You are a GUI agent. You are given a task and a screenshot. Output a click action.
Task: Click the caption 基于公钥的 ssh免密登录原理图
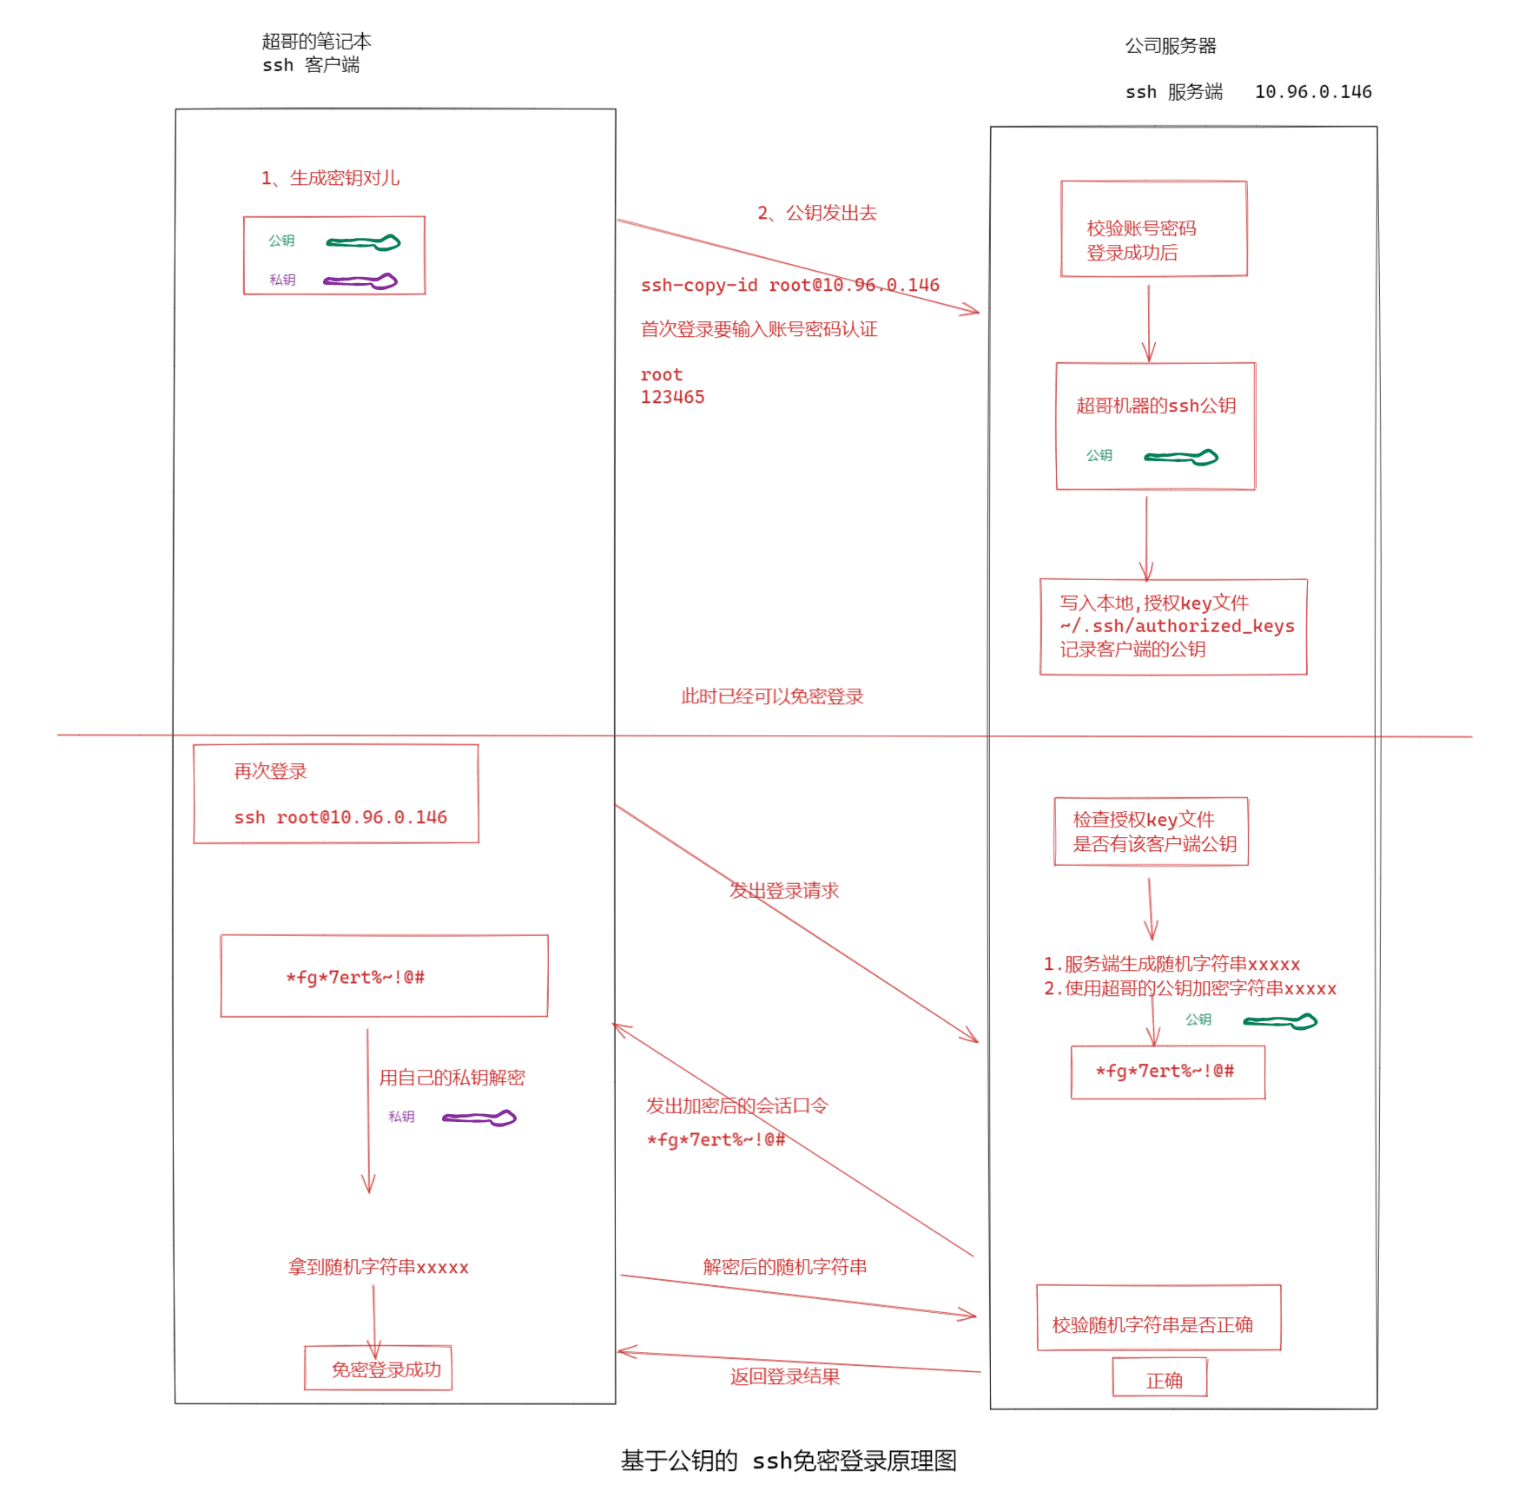pos(789,1461)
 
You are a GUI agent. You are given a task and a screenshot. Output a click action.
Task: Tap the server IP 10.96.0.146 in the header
pos(1312,92)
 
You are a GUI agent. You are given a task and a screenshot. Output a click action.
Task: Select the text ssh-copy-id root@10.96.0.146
pos(789,285)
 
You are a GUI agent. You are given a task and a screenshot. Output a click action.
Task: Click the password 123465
pos(672,397)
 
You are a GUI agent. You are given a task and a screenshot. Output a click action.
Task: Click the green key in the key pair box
pos(364,242)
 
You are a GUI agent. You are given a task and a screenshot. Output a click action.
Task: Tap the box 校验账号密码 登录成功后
pos(1153,229)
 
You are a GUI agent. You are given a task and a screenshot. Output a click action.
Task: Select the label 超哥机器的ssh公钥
pos(1155,406)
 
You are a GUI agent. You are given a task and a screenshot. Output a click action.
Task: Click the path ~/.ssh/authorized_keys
pos(1176,626)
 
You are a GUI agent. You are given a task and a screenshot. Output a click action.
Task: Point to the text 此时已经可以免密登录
pos(771,696)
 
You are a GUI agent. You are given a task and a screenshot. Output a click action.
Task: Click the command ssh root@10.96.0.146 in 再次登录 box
pos(340,817)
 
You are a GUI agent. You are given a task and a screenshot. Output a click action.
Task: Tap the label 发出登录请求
pos(784,890)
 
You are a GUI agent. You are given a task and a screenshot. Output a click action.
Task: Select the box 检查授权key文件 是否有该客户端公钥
pos(1151,831)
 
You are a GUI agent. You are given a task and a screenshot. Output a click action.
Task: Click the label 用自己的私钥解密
pos(452,1078)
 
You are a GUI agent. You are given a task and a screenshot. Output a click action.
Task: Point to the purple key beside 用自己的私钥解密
pos(479,1118)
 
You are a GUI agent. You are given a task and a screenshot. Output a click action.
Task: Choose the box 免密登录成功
pos(379,1369)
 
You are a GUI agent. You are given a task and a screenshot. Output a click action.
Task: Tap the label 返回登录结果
pos(784,1376)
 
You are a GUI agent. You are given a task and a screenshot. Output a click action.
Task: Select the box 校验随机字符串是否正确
pos(1158,1318)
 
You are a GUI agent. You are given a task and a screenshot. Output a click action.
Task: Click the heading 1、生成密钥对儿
pos(330,178)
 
